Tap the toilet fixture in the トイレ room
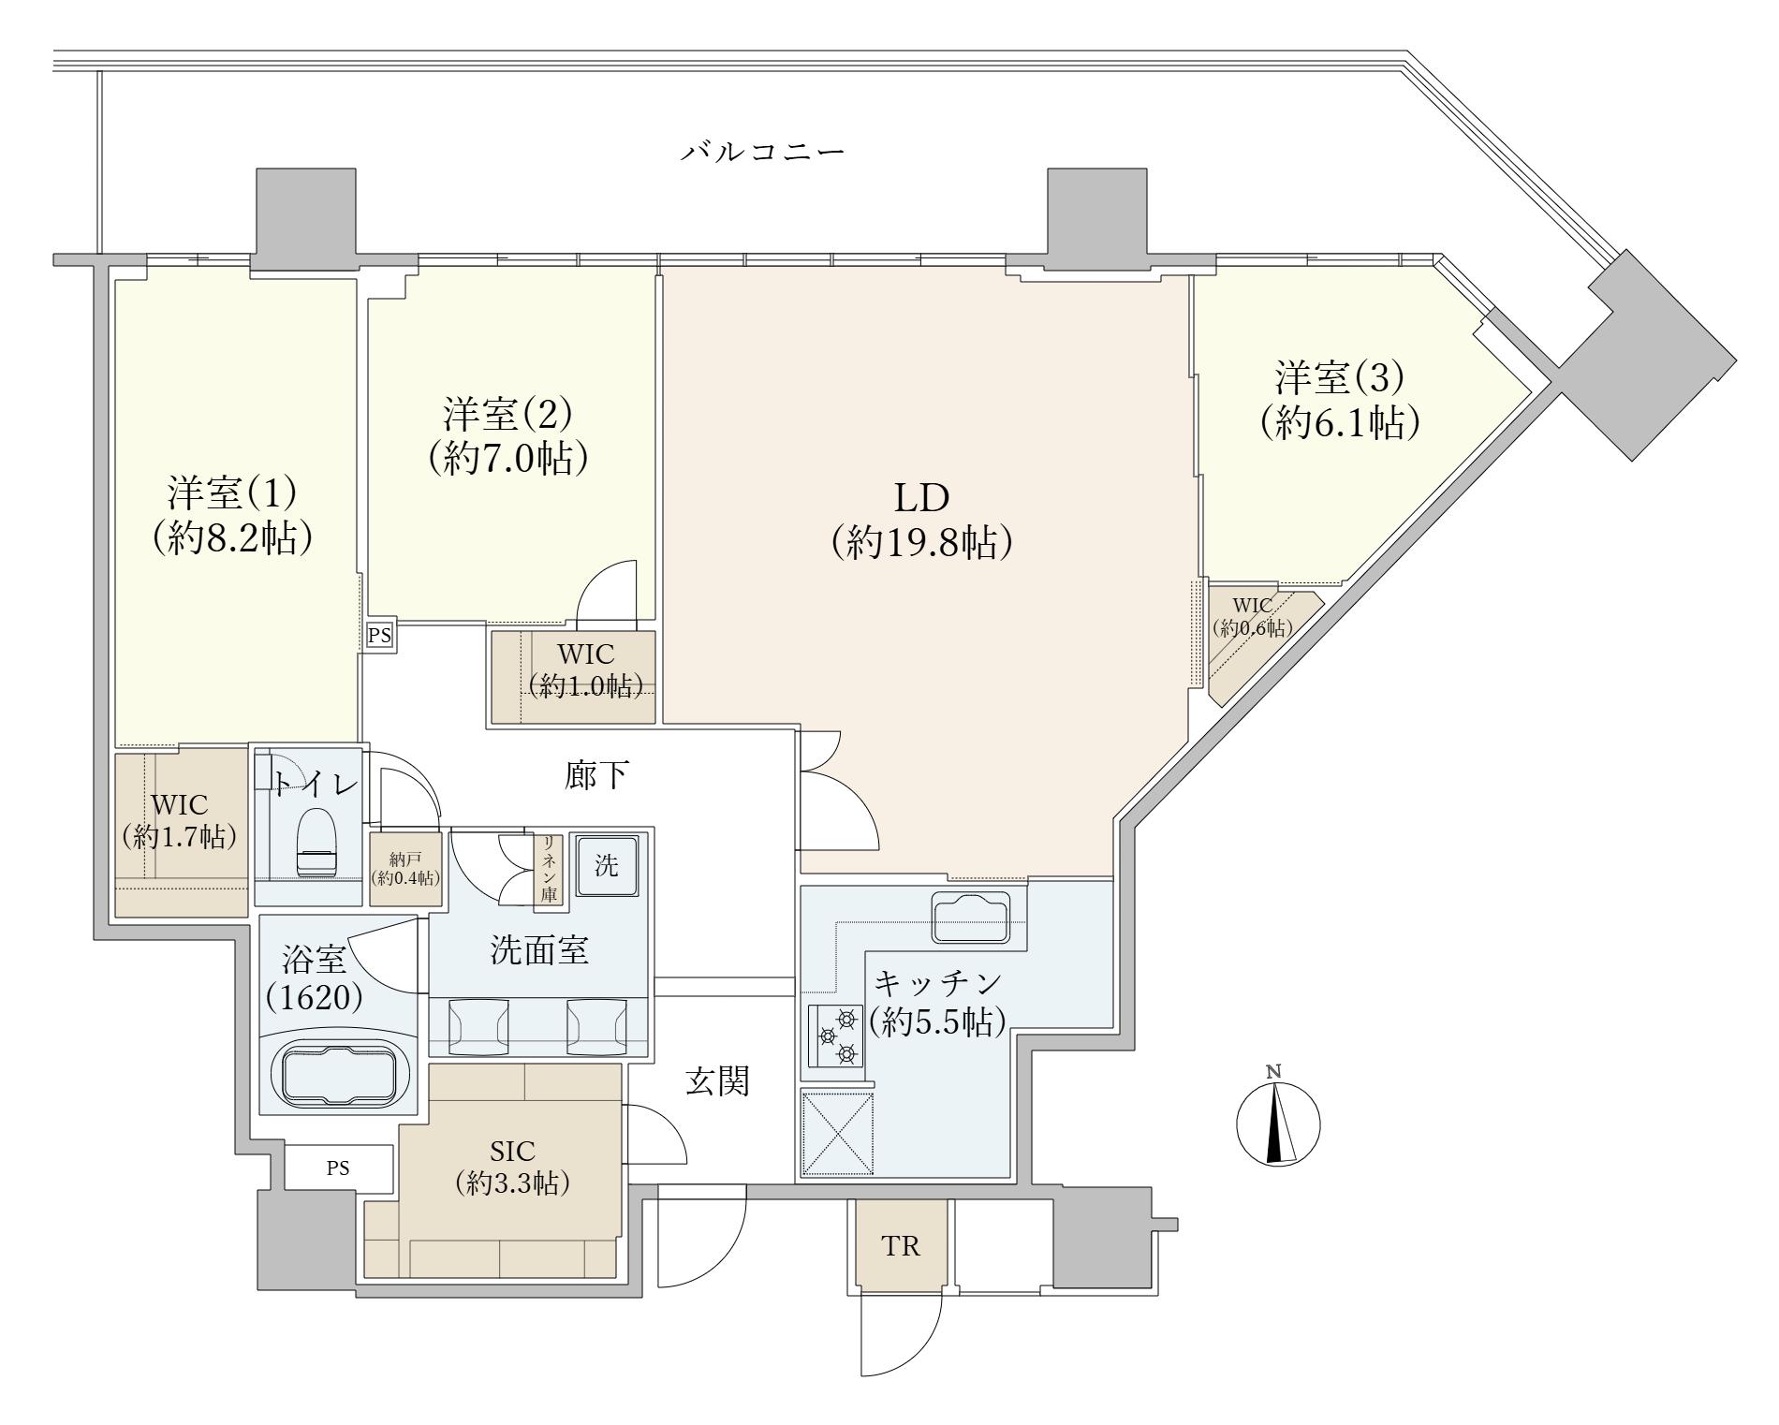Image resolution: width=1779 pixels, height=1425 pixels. pyautogui.click(x=316, y=841)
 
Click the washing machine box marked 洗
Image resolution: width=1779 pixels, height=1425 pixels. pyautogui.click(x=607, y=866)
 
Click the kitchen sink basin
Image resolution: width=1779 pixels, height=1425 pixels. pyautogui.click(x=972, y=918)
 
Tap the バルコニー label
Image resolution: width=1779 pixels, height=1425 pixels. pyautogui.click(x=762, y=151)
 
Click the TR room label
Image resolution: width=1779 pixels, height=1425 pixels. pyautogui.click(x=901, y=1246)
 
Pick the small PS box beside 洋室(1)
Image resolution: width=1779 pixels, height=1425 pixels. pyautogui.click(x=379, y=636)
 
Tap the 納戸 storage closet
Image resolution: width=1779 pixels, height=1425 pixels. pyautogui.click(x=405, y=870)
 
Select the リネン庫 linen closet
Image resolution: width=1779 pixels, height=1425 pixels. pyautogui.click(x=549, y=870)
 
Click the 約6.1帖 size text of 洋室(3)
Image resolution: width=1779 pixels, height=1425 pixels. pyautogui.click(x=1339, y=424)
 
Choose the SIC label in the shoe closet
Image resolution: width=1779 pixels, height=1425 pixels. pyautogui.click(x=512, y=1150)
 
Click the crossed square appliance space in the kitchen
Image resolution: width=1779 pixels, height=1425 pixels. pyautogui.click(x=838, y=1134)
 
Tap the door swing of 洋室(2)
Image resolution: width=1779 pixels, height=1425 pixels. pyautogui.click(x=607, y=591)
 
